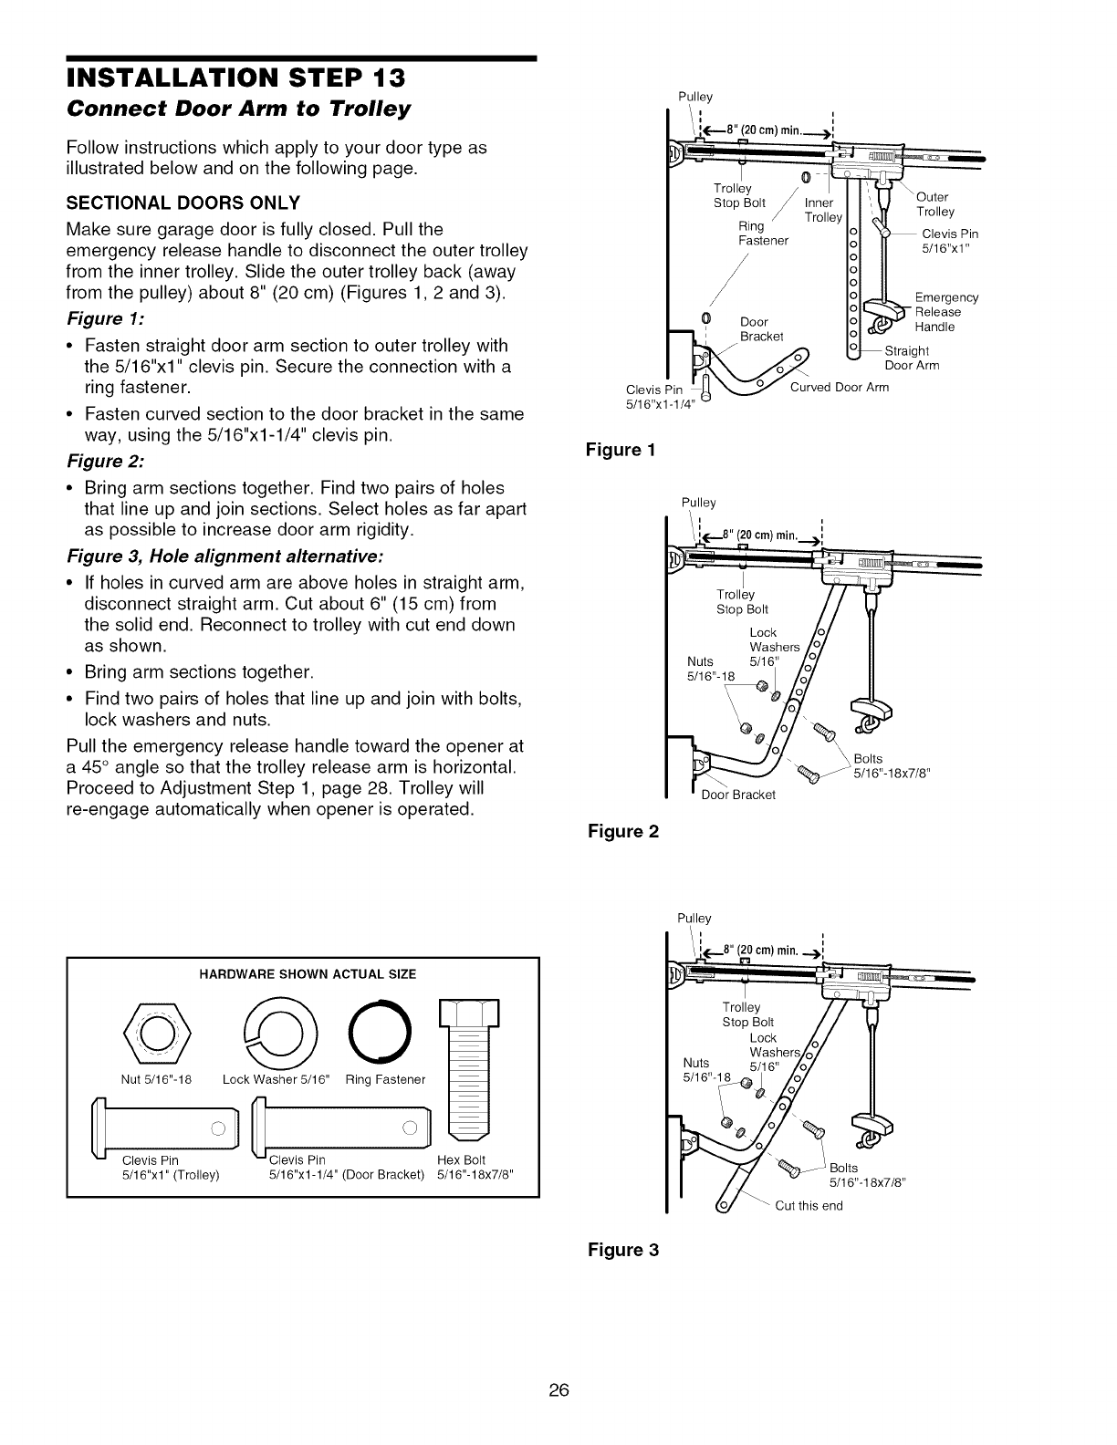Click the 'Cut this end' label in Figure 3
tap(809, 1205)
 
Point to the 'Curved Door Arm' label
tap(839, 387)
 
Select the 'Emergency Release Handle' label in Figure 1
tap(945, 312)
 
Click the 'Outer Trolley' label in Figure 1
tap(934, 204)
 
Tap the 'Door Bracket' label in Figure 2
tap(737, 795)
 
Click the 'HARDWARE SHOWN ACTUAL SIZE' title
tap(308, 974)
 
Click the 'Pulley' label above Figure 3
tap(694, 918)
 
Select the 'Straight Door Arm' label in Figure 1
tap(912, 359)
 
